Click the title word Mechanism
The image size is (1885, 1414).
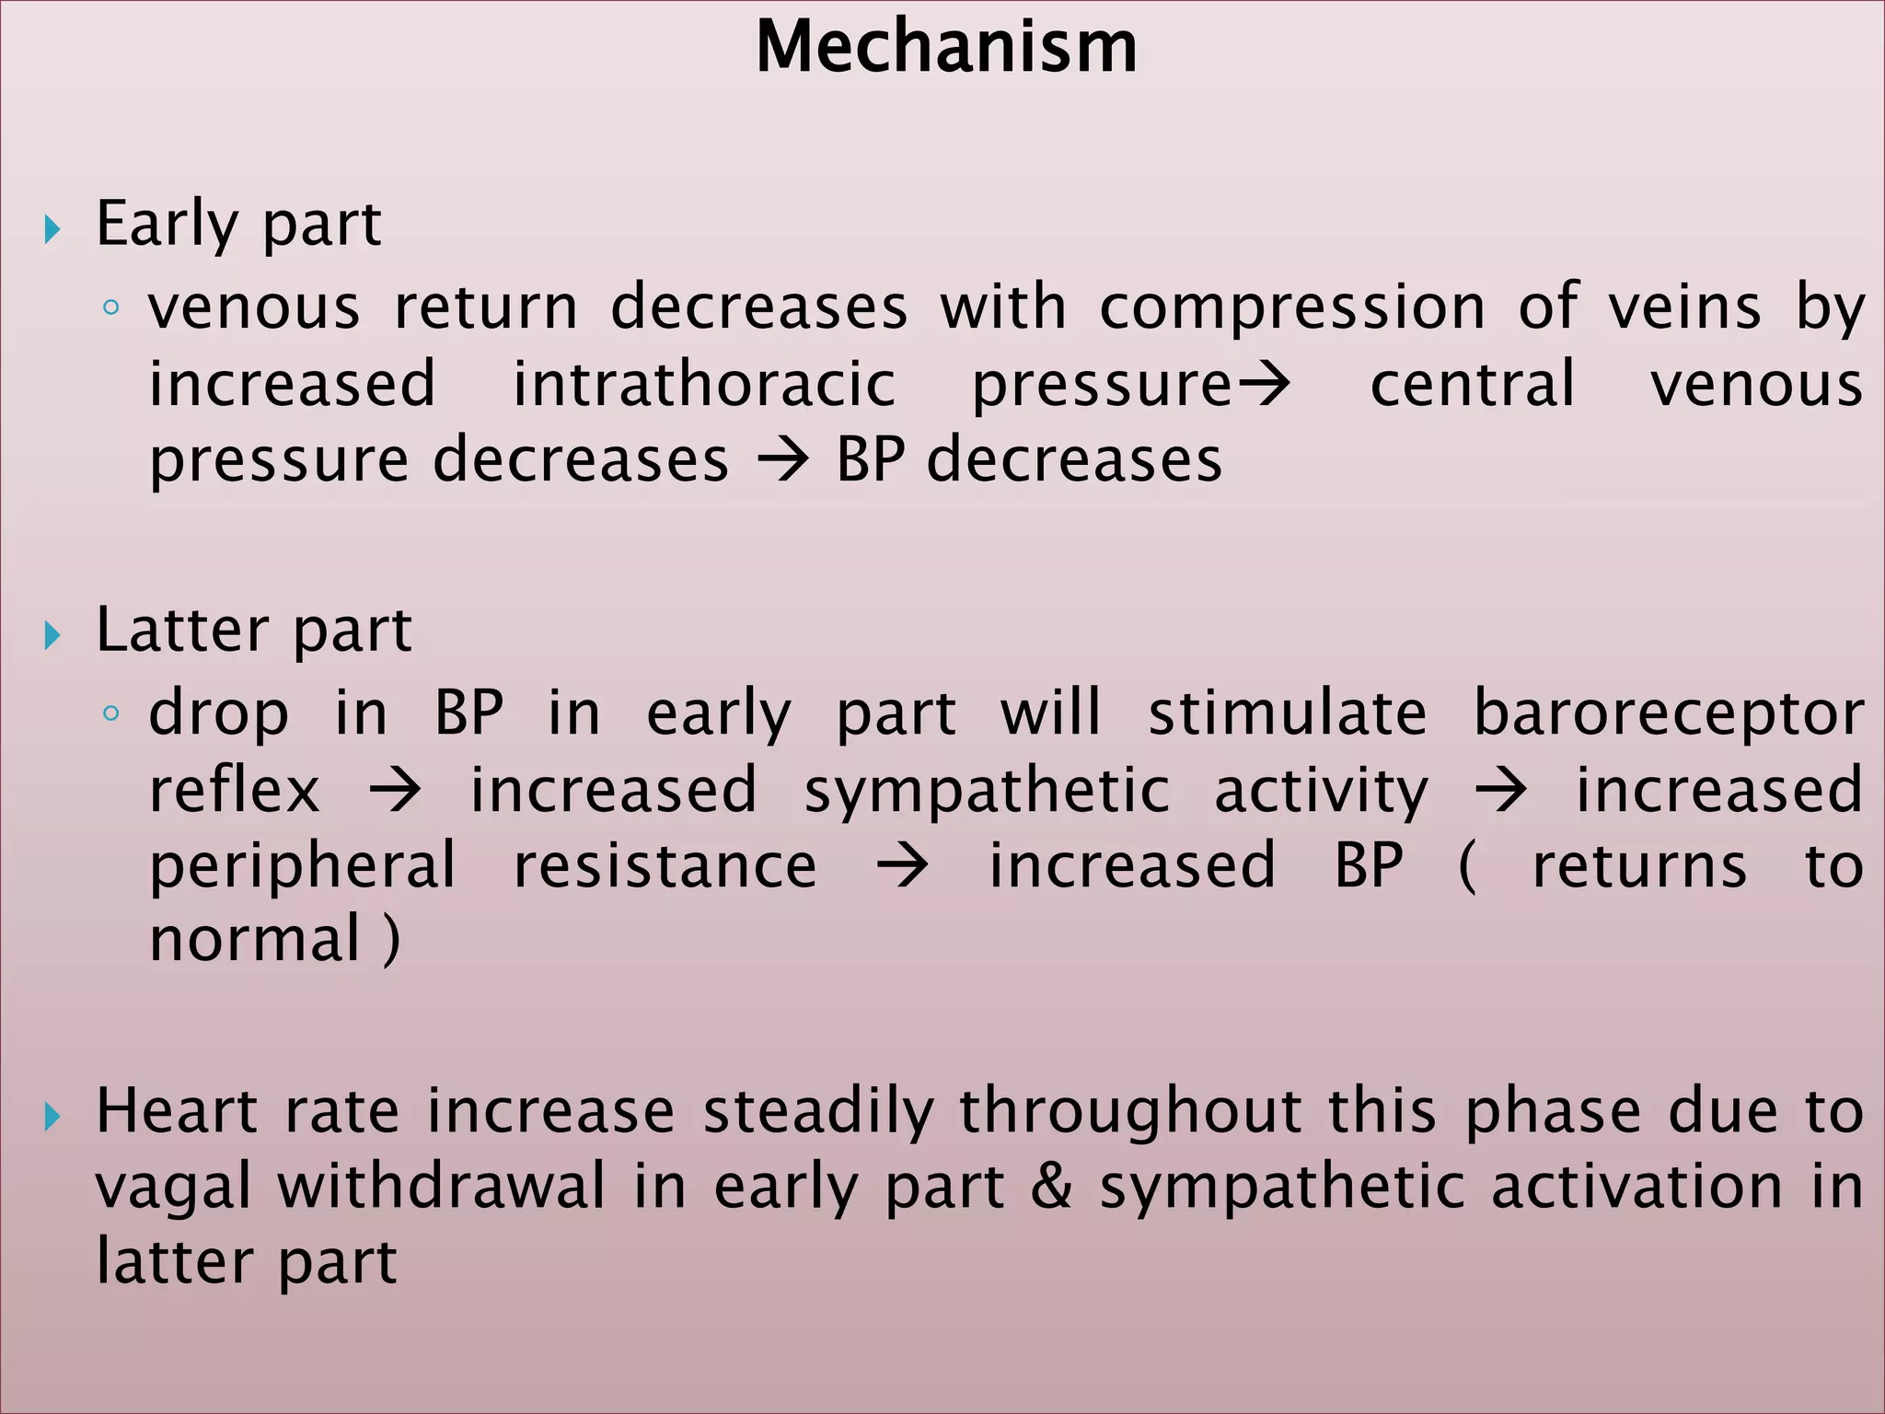[x=946, y=47]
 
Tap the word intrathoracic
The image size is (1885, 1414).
[x=704, y=384]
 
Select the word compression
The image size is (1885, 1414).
[x=1292, y=307]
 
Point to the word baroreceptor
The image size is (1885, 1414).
[x=1669, y=713]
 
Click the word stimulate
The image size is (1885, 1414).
[x=1288, y=713]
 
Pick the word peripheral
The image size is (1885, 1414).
[x=302, y=867]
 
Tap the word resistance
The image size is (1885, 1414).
[x=665, y=865]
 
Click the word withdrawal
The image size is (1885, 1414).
[x=442, y=1186]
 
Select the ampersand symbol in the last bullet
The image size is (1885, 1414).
[x=1051, y=1186]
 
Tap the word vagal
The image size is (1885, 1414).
[x=173, y=1188]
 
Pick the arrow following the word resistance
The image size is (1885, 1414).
[x=902, y=866]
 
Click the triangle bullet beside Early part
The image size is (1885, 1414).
[x=52, y=229]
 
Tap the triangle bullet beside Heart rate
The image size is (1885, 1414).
[x=52, y=1117]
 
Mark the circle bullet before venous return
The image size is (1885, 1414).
[x=110, y=308]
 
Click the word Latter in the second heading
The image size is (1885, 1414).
[x=181, y=631]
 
